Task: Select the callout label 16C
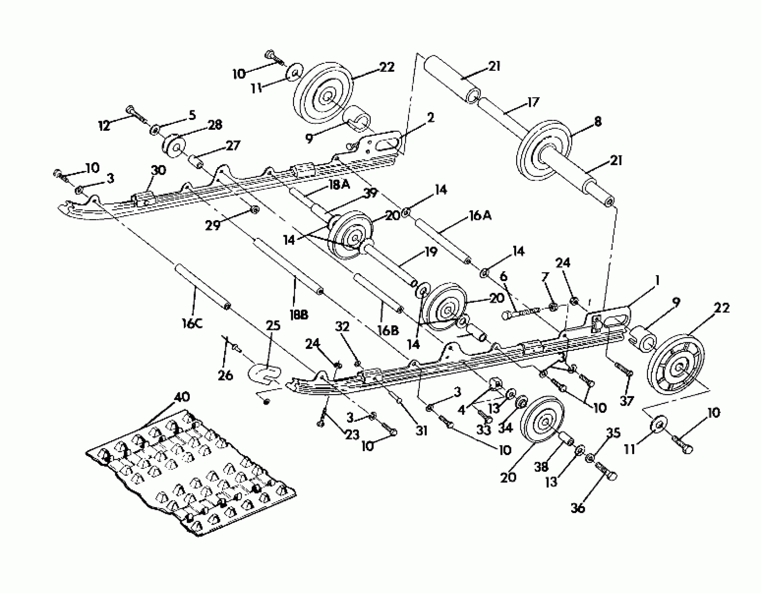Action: click(x=192, y=324)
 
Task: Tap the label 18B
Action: click(x=299, y=315)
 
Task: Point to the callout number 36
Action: click(x=578, y=508)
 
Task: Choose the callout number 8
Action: click(x=597, y=122)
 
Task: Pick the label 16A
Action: click(x=480, y=216)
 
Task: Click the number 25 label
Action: click(x=273, y=325)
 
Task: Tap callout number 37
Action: click(x=626, y=401)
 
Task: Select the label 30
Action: click(x=158, y=171)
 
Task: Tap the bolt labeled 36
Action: click(x=607, y=471)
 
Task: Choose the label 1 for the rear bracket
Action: click(x=657, y=280)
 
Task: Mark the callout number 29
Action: click(x=213, y=225)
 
